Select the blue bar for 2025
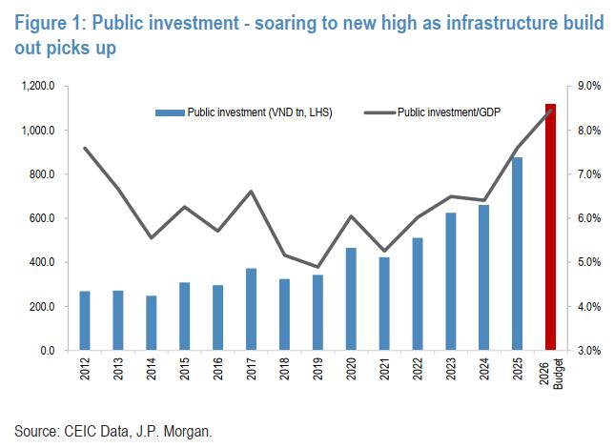[x=517, y=255]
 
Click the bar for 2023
[x=450, y=282]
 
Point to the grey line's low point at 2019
[x=318, y=267]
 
